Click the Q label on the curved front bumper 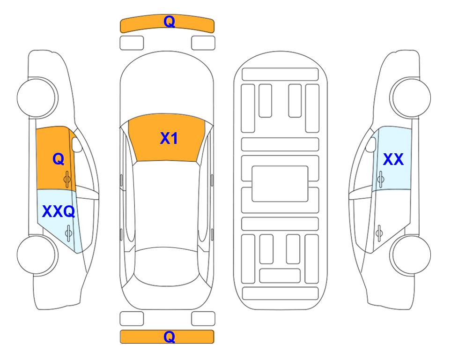click(169, 22)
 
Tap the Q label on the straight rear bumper click(169, 337)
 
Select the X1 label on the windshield click(169, 138)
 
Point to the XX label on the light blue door click(393, 159)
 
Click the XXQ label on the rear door click(59, 211)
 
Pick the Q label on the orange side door click(59, 159)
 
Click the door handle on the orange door click(67, 179)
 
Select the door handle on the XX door click(380, 179)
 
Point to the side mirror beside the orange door click(77, 144)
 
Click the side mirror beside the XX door click(370, 144)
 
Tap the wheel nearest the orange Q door click(37, 98)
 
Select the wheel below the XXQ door click(37, 255)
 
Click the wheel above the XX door click(410, 98)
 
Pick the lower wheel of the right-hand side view click(410, 255)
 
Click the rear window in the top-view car click(167, 266)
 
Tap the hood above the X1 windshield click(167, 86)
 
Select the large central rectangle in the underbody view click(280, 184)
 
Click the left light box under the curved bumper click(132, 43)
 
